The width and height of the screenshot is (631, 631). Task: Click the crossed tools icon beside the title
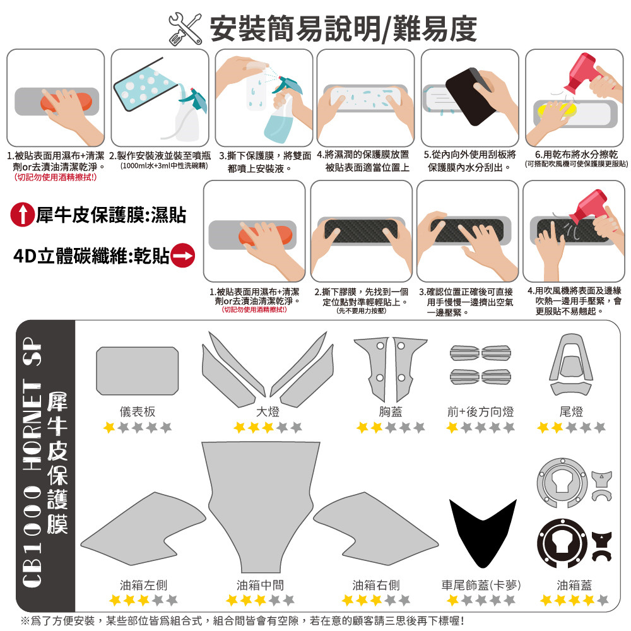click(185, 28)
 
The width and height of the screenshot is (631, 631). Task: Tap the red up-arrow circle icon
click(23, 215)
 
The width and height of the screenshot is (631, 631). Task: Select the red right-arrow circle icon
click(183, 256)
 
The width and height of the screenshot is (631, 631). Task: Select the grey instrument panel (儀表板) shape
click(137, 370)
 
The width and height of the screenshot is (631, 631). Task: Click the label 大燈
click(268, 411)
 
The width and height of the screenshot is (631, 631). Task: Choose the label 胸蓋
click(391, 411)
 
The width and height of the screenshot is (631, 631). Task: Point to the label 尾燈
click(571, 411)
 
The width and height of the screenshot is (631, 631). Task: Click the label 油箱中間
click(260, 585)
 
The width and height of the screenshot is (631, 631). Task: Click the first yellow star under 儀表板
click(109, 427)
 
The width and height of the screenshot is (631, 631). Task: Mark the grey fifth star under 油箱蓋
click(603, 600)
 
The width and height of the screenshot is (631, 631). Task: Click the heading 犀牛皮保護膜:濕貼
click(110, 215)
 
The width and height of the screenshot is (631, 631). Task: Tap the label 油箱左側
click(143, 585)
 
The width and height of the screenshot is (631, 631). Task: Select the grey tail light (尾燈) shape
click(571, 364)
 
